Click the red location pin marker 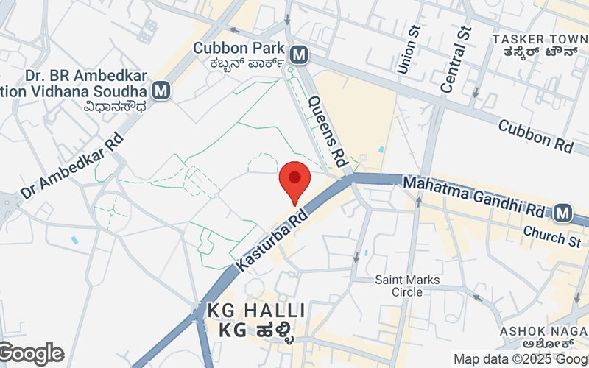(x=294, y=181)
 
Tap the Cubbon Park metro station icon (x=299, y=54)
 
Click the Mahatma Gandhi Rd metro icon (x=563, y=213)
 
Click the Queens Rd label (x=328, y=130)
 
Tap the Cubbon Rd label (x=535, y=136)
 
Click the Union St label (x=407, y=50)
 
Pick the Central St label (x=455, y=59)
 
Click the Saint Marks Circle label (x=407, y=286)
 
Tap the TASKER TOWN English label (x=539, y=38)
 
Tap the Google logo (x=31, y=354)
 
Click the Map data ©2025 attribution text (x=520, y=359)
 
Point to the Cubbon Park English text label (x=239, y=48)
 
